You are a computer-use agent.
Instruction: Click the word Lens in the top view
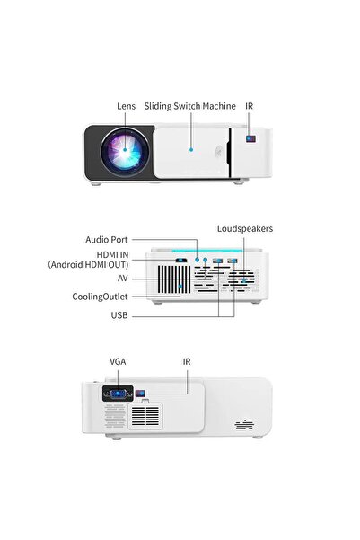[x=126, y=106]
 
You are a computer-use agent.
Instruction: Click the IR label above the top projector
[x=249, y=106]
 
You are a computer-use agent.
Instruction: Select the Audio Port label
[x=106, y=240]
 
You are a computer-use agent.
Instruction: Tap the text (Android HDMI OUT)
[x=88, y=265]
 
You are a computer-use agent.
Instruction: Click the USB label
[x=119, y=315]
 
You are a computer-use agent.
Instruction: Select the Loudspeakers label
[x=244, y=229]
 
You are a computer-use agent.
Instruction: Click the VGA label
[x=118, y=361]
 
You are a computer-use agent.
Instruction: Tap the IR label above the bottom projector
[x=187, y=361]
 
